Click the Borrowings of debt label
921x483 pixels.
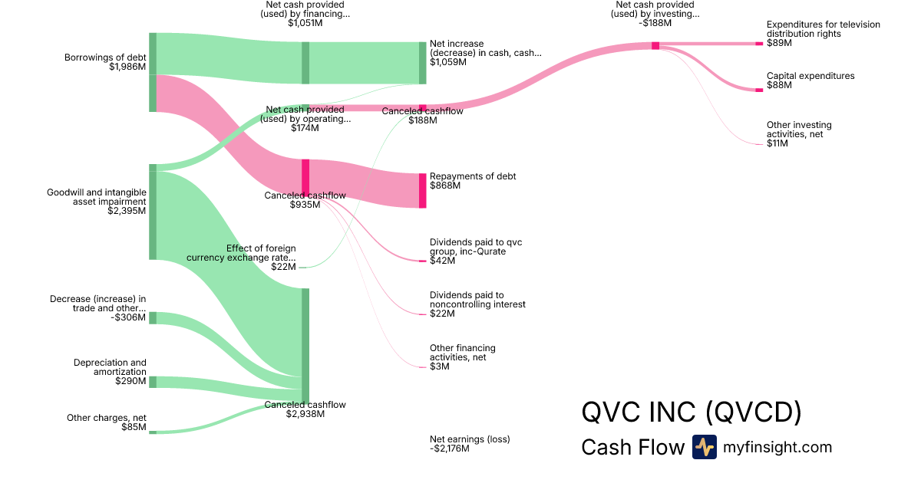[105, 58]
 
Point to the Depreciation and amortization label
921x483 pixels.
[110, 366]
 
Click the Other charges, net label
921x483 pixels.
[107, 418]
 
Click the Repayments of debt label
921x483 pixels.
[473, 176]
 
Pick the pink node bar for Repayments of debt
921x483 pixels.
[422, 190]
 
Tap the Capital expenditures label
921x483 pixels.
[810, 76]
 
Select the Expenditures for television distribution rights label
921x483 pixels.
[824, 29]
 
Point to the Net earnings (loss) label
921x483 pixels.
[470, 439]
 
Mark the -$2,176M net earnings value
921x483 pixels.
[450, 449]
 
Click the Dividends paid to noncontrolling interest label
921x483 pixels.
[477, 300]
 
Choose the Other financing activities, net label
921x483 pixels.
[463, 353]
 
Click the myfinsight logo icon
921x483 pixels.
[704, 447]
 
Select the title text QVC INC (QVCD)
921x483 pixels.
[692, 412]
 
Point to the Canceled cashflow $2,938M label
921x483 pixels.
[305, 409]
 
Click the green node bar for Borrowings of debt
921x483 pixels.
[153, 73]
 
